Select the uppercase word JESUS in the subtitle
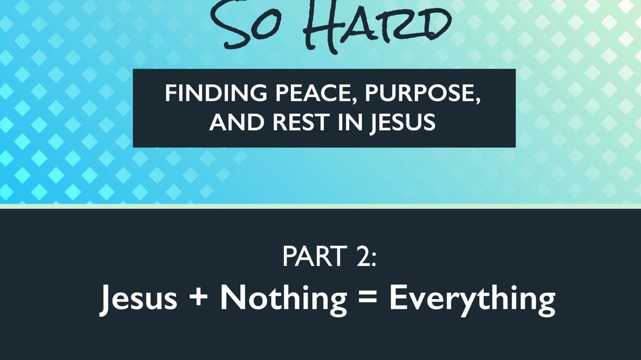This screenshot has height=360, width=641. point(403,123)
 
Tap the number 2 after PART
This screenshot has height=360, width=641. point(363,256)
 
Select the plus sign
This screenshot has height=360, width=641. point(199,297)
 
